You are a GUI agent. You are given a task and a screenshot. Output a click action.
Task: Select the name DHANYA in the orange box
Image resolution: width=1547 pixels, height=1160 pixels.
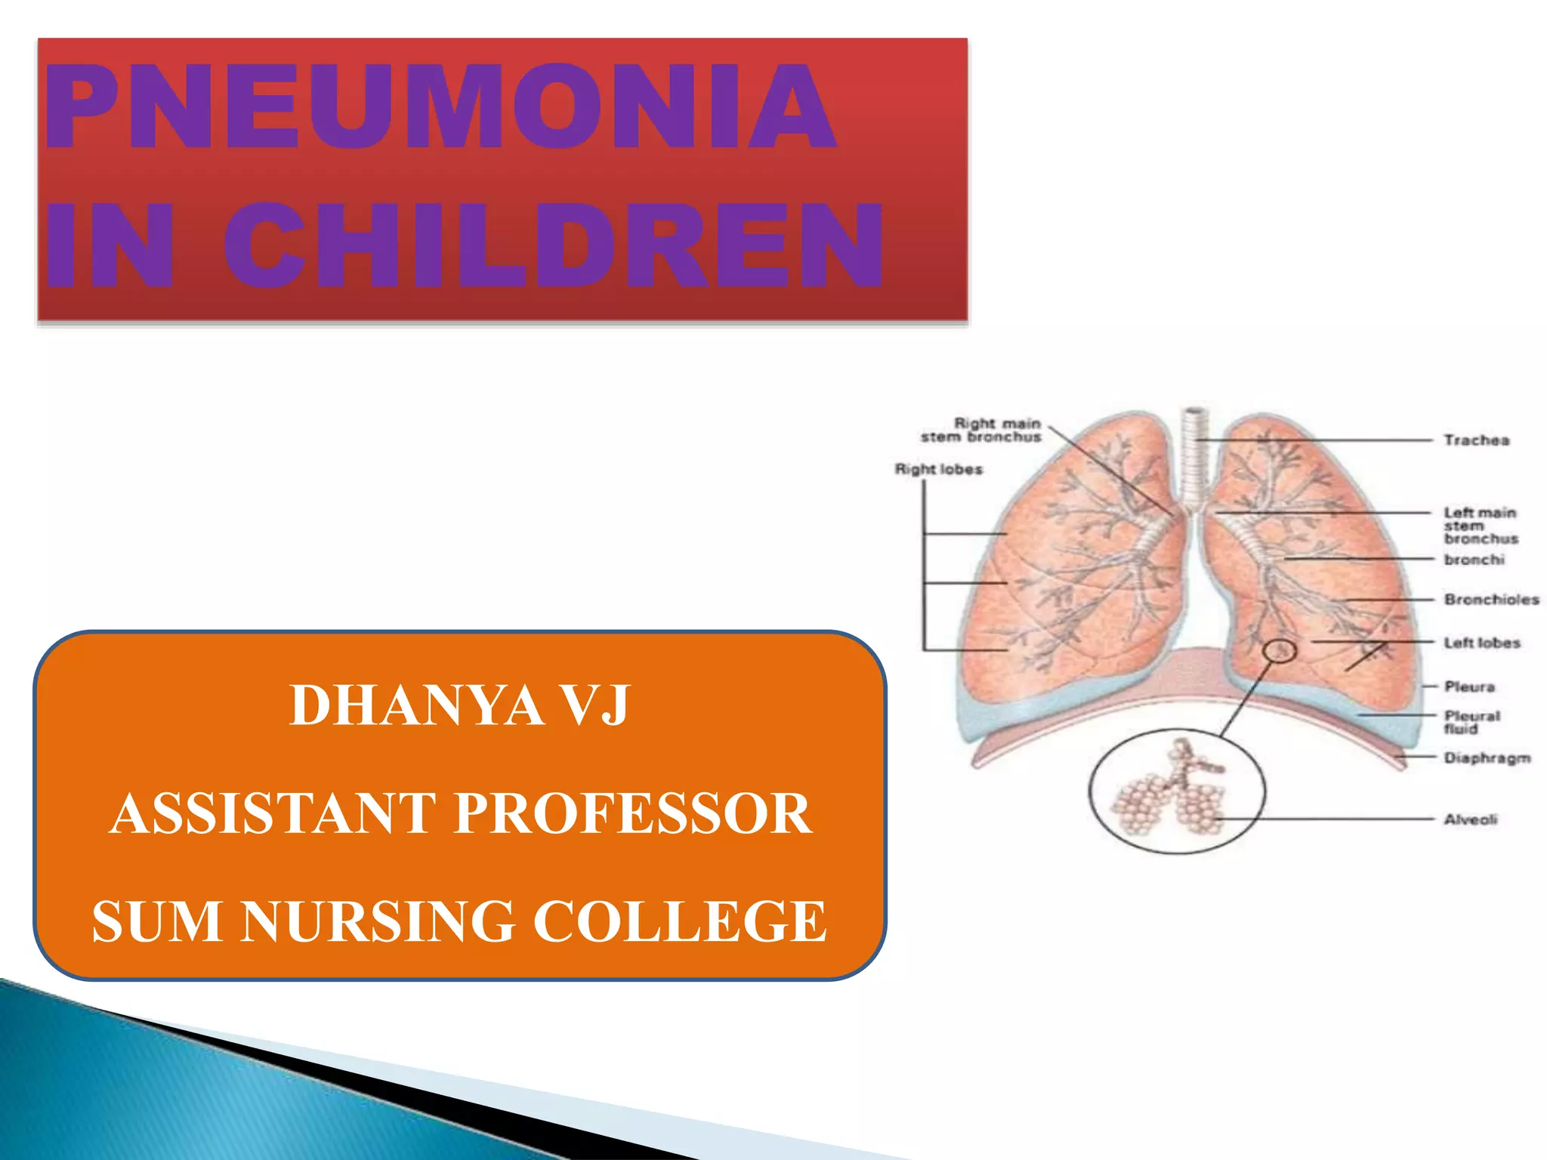(416, 706)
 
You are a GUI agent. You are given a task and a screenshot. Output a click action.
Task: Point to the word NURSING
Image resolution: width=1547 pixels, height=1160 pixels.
(378, 922)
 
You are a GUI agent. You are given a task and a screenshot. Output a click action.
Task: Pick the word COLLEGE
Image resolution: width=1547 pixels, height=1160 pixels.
(680, 922)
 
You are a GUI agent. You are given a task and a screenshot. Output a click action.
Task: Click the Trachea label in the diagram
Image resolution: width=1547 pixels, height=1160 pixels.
(1476, 440)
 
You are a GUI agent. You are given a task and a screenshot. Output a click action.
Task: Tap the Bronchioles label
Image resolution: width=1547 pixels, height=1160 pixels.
(1491, 600)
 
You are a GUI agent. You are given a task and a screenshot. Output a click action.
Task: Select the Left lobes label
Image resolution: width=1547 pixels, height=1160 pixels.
(1481, 643)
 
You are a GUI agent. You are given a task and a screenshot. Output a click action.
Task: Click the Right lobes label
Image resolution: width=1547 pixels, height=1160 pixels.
(939, 470)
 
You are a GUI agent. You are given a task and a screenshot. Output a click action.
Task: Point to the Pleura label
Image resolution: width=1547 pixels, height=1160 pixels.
(1469, 686)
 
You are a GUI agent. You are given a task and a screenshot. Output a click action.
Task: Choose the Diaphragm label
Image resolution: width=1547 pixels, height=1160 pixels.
(1487, 757)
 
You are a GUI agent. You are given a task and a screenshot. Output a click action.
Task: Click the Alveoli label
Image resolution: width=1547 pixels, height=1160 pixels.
(1470, 819)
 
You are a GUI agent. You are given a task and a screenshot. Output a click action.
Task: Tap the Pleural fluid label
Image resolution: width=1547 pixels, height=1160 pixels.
(1471, 722)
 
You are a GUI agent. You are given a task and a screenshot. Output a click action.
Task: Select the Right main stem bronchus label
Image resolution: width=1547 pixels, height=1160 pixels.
(980, 430)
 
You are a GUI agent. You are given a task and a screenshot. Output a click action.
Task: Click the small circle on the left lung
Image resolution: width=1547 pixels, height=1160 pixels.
(1280, 650)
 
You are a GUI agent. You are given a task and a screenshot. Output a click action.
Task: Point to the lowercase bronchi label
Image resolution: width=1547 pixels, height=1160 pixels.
(1474, 560)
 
